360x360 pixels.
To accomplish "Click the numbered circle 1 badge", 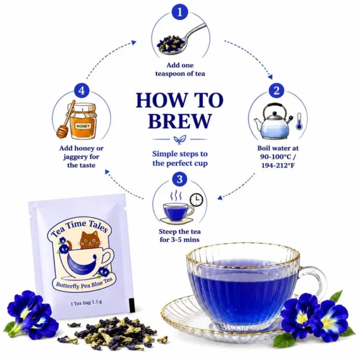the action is (180, 12).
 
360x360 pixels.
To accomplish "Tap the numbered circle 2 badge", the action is (277, 91).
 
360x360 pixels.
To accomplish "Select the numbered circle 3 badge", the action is (180, 179).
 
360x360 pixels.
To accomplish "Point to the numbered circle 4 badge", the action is (82, 91).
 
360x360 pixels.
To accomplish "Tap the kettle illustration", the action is (274, 121).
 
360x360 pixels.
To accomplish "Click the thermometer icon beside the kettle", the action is (299, 121).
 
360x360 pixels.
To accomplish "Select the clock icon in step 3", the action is (197, 200).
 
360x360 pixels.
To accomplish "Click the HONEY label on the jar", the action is (83, 126).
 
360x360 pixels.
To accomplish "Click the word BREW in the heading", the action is (179, 121).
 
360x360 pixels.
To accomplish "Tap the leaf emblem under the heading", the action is (180, 139).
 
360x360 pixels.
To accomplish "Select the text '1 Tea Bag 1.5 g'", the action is (86, 302).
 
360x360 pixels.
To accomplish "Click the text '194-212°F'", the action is (278, 165).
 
